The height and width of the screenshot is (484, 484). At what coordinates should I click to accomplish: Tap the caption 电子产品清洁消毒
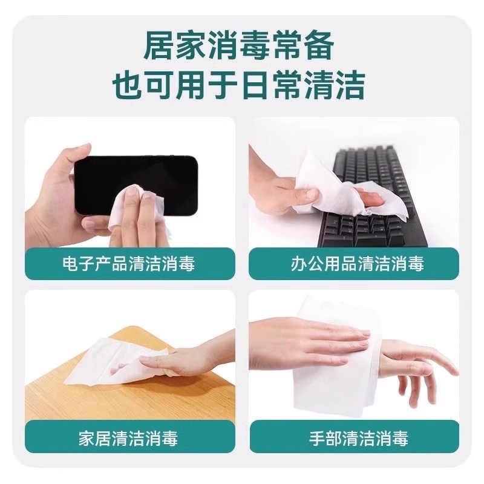pyautogui.click(x=129, y=264)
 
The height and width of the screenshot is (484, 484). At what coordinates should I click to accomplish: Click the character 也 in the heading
pyautogui.click(x=128, y=85)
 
